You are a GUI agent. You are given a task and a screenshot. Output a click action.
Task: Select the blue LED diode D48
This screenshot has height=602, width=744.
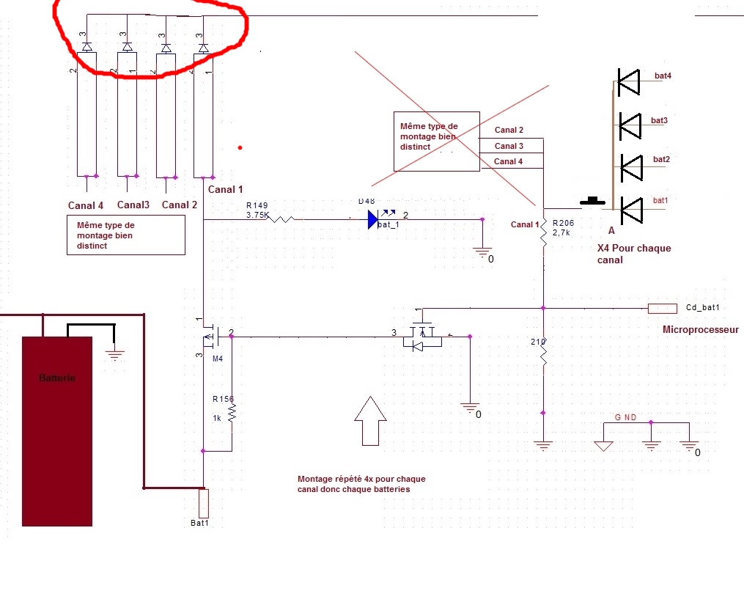click(x=373, y=219)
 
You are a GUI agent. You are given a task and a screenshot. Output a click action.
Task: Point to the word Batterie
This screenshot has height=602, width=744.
click(x=56, y=378)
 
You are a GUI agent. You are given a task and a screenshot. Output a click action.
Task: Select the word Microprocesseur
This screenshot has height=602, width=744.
click(x=700, y=330)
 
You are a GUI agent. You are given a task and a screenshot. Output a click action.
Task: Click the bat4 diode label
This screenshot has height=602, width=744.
click(x=662, y=76)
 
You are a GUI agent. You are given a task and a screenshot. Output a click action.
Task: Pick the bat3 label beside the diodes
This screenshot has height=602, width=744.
click(x=659, y=120)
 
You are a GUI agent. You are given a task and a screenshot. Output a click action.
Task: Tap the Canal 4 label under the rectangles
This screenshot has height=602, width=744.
click(x=86, y=205)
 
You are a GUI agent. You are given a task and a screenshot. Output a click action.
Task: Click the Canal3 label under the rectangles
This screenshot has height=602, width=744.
click(x=133, y=205)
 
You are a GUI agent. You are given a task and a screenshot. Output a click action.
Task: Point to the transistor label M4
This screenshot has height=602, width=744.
click(x=217, y=359)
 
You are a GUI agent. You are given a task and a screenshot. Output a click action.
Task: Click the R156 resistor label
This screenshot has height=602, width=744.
click(x=223, y=399)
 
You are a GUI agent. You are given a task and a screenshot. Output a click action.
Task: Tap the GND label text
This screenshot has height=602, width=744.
click(x=625, y=417)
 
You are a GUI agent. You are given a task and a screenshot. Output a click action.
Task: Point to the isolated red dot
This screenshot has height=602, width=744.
click(x=240, y=147)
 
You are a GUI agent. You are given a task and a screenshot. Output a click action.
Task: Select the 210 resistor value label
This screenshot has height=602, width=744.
click(x=537, y=342)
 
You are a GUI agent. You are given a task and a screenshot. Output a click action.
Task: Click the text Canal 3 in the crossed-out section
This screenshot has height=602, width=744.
click(x=508, y=146)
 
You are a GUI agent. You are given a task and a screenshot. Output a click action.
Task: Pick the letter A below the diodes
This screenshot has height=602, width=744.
click(x=611, y=230)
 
